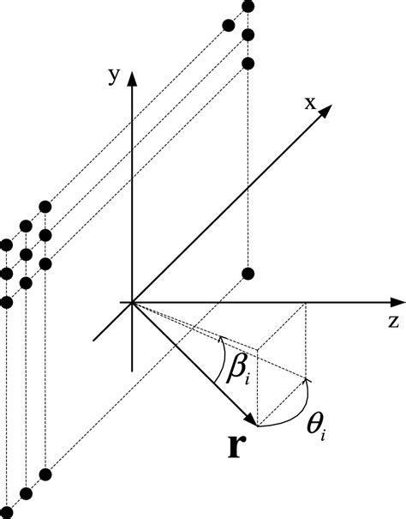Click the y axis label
112,75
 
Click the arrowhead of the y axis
131,78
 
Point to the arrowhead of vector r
254,420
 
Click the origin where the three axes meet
131,302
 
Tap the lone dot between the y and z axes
248,275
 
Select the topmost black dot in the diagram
248,7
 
